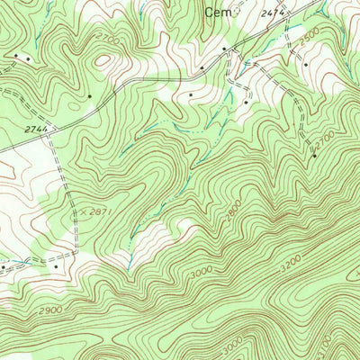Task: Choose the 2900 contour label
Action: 51,310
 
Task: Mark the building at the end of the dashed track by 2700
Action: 314,157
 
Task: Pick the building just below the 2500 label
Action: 306,65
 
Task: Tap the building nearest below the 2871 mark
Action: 56,265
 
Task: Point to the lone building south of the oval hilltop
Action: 91,94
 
